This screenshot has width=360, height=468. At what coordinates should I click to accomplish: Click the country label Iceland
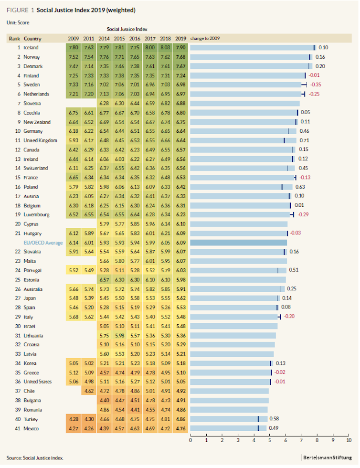(x=31, y=48)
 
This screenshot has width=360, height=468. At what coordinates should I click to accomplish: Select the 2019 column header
(x=181, y=38)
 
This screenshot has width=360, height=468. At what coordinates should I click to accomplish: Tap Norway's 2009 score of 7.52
(x=73, y=57)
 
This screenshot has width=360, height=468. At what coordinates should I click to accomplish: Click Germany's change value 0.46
(x=304, y=131)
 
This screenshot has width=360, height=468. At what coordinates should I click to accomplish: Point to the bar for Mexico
(x=228, y=428)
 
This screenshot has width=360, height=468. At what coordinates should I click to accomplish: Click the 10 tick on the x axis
(x=349, y=440)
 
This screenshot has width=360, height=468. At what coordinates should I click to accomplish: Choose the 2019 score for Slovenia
(x=181, y=103)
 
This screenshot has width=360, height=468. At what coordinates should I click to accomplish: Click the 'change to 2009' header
(x=205, y=38)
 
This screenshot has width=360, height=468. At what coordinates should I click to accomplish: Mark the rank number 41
(x=18, y=428)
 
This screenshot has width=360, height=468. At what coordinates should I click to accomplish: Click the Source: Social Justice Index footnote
(x=35, y=457)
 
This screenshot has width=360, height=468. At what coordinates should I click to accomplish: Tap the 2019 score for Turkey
(x=181, y=419)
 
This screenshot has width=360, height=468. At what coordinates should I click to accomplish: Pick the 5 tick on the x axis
(x=269, y=440)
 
